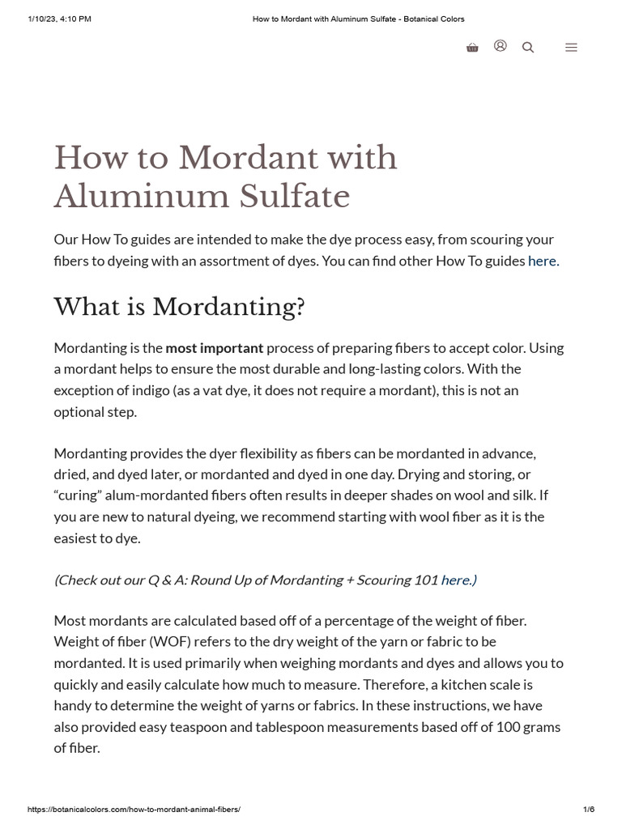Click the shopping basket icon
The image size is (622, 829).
click(x=472, y=48)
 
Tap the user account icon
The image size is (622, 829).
click(x=501, y=46)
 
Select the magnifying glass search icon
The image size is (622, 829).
click(x=528, y=48)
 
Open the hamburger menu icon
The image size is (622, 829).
click(x=571, y=48)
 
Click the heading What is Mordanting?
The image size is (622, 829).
click(x=179, y=307)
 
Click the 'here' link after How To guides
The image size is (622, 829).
click(x=542, y=261)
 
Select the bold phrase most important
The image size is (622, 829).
click(x=215, y=347)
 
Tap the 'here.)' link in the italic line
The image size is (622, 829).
click(x=458, y=580)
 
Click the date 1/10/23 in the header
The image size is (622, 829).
click(x=44, y=19)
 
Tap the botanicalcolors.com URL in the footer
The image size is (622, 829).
click(x=134, y=810)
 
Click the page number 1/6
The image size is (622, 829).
click(x=589, y=810)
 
